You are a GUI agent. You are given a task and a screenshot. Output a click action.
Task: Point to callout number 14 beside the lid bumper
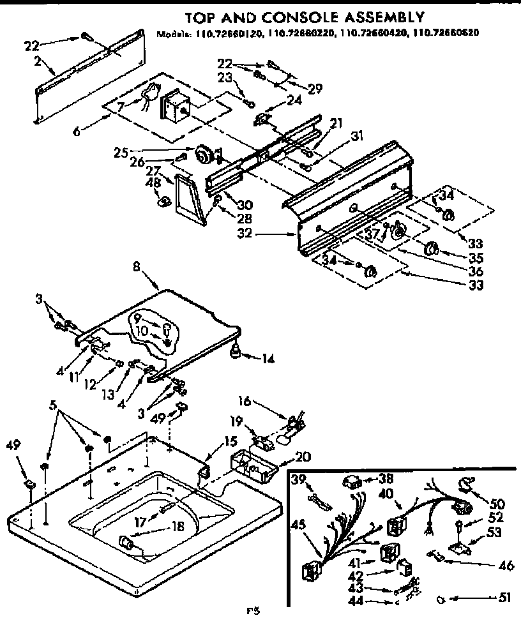pos(268,359)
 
